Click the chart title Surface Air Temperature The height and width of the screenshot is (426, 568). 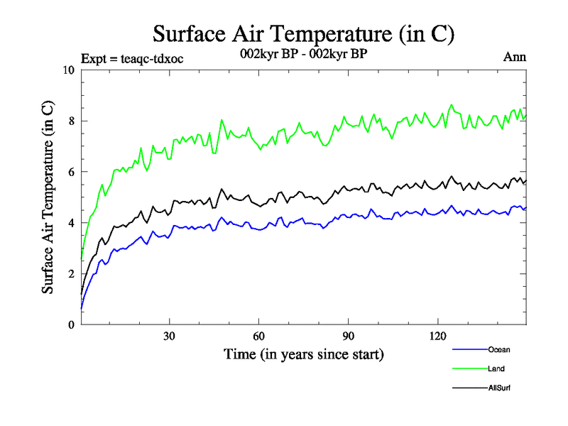click(x=303, y=33)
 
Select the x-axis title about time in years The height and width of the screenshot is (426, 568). click(x=303, y=354)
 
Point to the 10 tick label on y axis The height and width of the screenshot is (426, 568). click(x=68, y=70)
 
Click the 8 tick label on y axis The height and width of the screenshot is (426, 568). click(x=71, y=121)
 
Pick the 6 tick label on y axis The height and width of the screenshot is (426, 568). click(x=71, y=173)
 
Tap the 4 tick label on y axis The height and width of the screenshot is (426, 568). click(x=71, y=223)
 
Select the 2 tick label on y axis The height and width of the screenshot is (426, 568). click(x=71, y=274)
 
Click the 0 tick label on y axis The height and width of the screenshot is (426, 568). click(x=71, y=325)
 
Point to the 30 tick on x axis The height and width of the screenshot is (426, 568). click(x=170, y=337)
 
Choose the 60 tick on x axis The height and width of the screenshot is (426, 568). click(x=259, y=337)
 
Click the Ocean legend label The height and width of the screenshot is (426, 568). click(x=498, y=349)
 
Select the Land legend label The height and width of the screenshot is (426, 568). click(x=496, y=368)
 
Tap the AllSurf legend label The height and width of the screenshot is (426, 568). click(x=499, y=388)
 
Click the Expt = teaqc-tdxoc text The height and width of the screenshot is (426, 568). click(x=133, y=59)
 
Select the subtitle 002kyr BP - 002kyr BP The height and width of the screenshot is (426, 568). click(x=304, y=54)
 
